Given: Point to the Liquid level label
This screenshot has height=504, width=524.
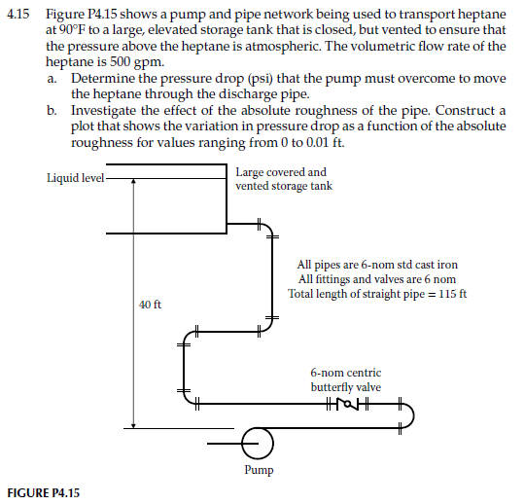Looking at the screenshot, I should point(74,177).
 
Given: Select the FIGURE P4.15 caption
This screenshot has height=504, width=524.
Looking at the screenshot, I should point(44,492).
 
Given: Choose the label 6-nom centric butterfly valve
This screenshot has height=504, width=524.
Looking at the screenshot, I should point(346,379).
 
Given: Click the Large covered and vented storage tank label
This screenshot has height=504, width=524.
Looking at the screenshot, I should point(284,179).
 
